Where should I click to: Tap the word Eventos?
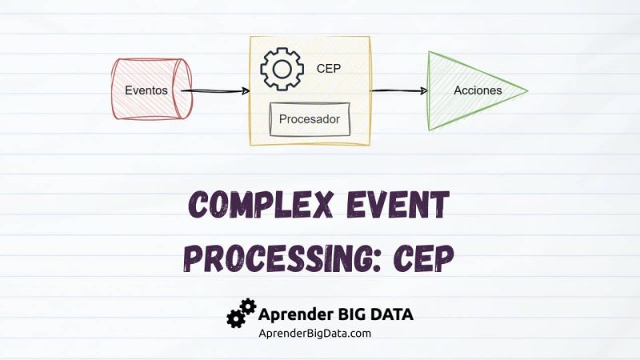(146, 90)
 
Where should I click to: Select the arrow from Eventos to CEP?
(214, 90)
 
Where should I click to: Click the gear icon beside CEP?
(282, 69)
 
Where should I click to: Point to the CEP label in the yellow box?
(328, 69)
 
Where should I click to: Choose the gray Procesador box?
(310, 119)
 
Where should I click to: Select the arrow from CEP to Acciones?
(398, 90)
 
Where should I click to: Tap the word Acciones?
(478, 90)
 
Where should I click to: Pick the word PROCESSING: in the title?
(280, 257)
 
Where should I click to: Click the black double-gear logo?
(241, 314)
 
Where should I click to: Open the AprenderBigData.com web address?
(314, 333)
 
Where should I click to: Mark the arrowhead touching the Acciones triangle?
(423, 90)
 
